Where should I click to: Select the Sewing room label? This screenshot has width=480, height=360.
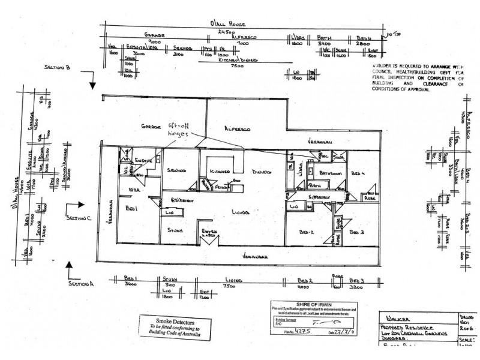[x=176, y=169]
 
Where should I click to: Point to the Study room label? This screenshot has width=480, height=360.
[x=175, y=229]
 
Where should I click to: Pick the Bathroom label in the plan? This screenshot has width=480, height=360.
[x=330, y=173]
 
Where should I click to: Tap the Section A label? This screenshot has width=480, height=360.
[x=82, y=283]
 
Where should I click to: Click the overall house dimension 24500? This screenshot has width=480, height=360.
[x=226, y=30]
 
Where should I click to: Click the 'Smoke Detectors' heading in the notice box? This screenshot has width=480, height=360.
[x=170, y=321]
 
